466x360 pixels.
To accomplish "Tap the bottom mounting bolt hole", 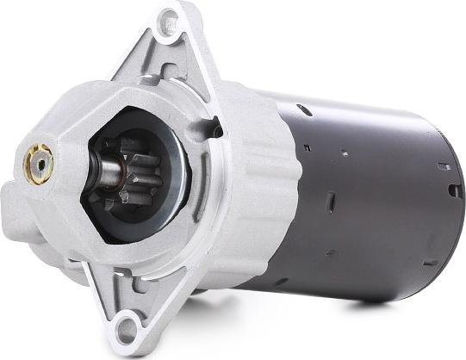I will (x=127, y=326).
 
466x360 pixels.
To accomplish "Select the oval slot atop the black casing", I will (x=303, y=109).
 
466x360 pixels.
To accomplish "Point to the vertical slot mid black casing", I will (x=329, y=202).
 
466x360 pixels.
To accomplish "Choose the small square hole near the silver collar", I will (x=306, y=147).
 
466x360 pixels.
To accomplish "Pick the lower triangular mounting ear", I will (x=129, y=306).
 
